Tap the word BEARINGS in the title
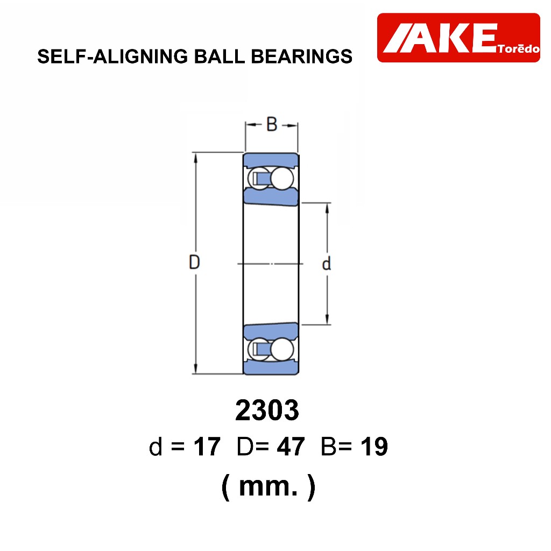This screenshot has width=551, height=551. (301, 56)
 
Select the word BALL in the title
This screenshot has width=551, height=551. (220, 56)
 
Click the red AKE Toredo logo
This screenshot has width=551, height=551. (458, 38)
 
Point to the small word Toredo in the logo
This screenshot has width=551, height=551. (518, 48)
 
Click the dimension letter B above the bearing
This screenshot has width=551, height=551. (272, 124)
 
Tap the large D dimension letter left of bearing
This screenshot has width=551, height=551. (194, 262)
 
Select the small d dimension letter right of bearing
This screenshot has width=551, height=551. (327, 263)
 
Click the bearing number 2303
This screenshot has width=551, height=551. (267, 410)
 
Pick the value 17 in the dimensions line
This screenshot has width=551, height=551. (207, 447)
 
